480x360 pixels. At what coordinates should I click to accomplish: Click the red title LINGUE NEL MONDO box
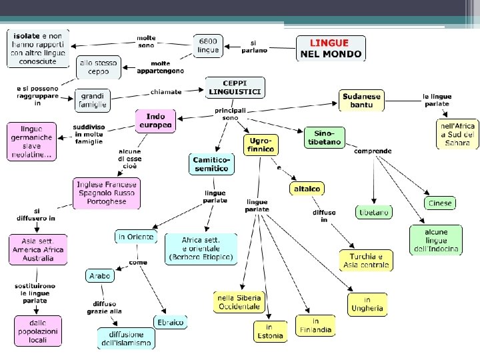(331, 48)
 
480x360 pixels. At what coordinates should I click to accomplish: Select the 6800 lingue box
(208, 45)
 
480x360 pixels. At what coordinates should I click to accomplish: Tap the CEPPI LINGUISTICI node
(235, 87)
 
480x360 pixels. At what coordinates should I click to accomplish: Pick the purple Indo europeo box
(155, 120)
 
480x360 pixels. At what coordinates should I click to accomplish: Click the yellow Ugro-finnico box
(260, 145)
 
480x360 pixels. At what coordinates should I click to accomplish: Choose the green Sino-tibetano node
(324, 137)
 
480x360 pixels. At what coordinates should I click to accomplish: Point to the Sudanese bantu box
(361, 101)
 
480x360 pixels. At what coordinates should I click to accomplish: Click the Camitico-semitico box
(212, 164)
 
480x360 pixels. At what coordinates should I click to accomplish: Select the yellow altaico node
(307, 189)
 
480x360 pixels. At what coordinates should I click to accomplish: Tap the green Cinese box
(439, 203)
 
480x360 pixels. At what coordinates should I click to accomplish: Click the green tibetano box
(374, 213)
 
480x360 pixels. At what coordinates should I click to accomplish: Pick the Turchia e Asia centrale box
(365, 261)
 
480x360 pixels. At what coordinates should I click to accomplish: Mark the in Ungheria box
(367, 304)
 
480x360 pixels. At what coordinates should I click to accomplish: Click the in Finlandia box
(315, 325)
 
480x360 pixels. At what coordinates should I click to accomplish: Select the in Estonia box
(269, 331)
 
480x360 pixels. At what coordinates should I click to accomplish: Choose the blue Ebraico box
(171, 322)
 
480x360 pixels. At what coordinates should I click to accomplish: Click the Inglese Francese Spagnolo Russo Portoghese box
(107, 193)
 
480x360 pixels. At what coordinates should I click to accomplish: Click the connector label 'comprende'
(373, 151)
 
